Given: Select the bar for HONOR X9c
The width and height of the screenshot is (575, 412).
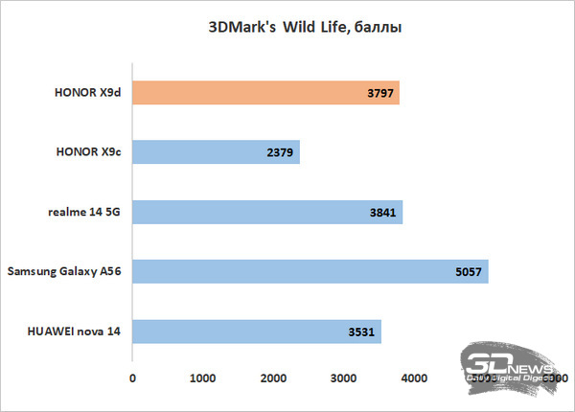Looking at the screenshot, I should pos(216,152).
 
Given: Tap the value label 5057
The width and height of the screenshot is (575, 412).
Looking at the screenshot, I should pos(469,272).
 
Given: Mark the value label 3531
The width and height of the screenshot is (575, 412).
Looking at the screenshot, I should pos(362,332).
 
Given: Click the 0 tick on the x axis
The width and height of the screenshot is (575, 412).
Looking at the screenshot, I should pos(132,380).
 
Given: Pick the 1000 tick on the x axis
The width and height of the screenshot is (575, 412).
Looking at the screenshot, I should pos(202,380).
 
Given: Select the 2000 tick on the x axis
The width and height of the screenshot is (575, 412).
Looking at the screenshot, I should pos(272,380).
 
